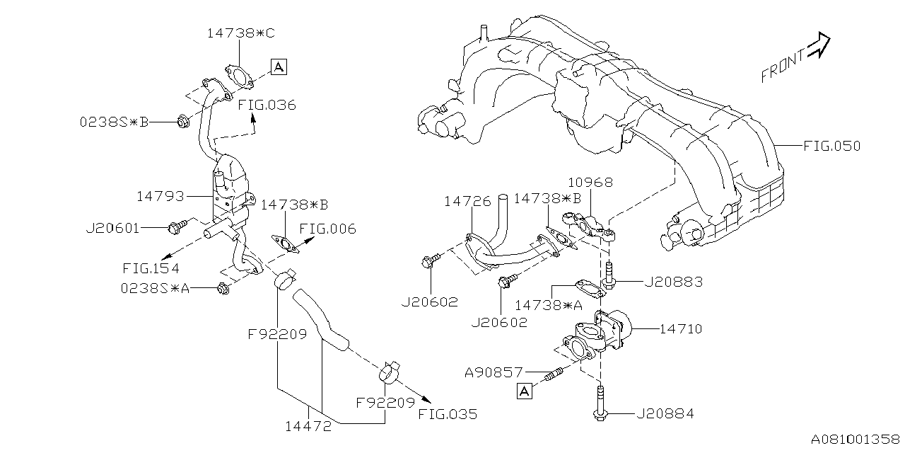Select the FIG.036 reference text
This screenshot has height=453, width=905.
click(267, 105)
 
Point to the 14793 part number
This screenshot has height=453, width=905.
click(161, 195)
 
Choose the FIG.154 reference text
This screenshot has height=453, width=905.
click(151, 268)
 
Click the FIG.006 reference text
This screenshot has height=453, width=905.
click(327, 229)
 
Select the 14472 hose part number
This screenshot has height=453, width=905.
click(308, 427)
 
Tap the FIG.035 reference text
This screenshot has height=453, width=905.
click(448, 414)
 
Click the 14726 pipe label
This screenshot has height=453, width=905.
click(467, 202)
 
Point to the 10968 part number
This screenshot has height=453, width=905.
click(588, 182)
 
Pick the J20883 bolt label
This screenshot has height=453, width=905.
click(673, 282)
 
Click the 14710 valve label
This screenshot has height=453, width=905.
click(680, 328)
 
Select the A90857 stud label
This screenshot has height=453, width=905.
click(494, 371)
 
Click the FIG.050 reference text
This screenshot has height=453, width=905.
click(832, 147)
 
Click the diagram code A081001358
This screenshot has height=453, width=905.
click(855, 440)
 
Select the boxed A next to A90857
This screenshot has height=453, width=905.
click(524, 390)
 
